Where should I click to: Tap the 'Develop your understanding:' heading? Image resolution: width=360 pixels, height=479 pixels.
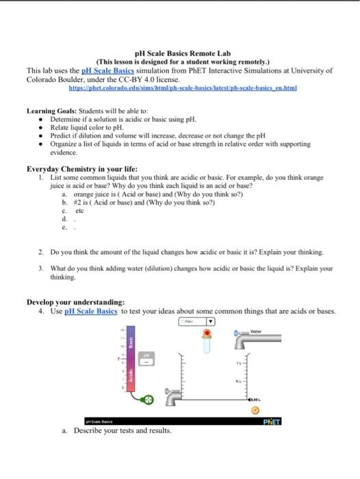[75, 302]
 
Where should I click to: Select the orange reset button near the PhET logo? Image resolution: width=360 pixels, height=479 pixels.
[255, 411]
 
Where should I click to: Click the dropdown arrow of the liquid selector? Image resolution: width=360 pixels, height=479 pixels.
[211, 321]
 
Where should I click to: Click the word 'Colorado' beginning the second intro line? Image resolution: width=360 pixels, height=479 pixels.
[42, 79]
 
